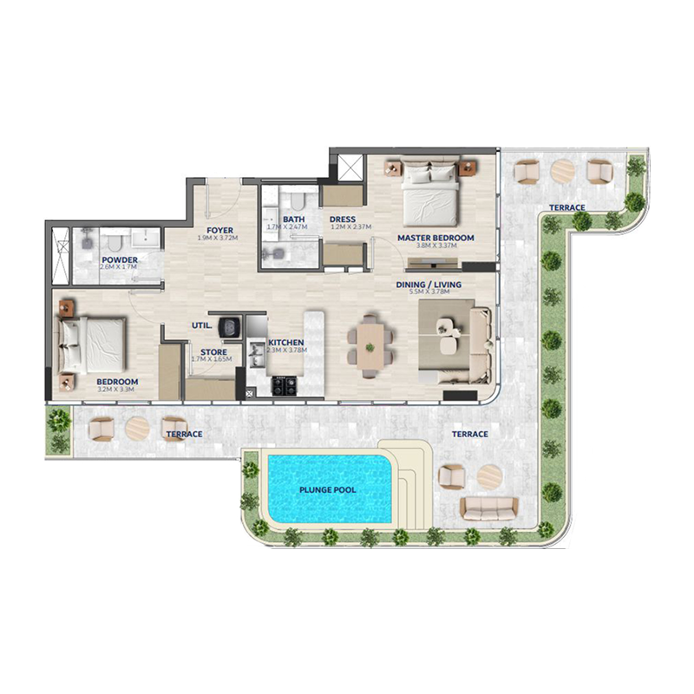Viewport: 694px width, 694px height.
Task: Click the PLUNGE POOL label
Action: click(328, 490)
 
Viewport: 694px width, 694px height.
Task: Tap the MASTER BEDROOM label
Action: click(435, 238)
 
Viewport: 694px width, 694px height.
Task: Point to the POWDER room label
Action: click(119, 259)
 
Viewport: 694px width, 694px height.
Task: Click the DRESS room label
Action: click(344, 219)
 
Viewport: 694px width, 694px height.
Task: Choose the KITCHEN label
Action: click(285, 343)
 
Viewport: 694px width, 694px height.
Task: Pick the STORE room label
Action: click(213, 351)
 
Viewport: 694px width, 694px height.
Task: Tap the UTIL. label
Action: click(203, 326)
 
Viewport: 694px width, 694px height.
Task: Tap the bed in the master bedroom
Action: click(431, 193)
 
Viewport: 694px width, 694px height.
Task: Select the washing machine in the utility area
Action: click(230, 326)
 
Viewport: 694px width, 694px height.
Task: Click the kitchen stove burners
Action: click(284, 385)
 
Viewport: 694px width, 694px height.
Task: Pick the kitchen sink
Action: click(258, 353)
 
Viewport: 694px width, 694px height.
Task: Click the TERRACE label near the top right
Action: click(567, 207)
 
